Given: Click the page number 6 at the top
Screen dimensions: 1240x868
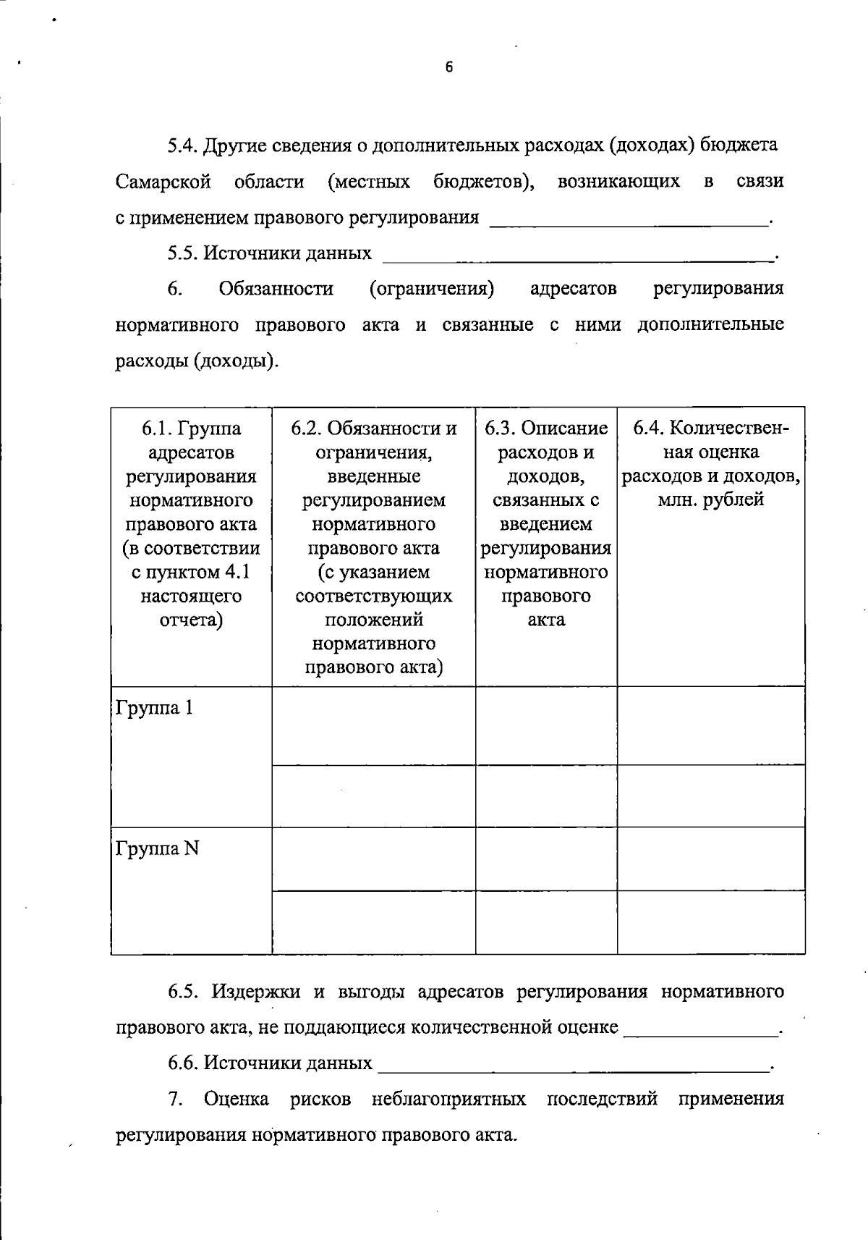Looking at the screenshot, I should [448, 68].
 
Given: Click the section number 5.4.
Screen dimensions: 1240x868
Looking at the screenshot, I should [182, 145].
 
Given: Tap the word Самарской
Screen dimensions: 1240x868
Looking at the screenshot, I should [163, 181].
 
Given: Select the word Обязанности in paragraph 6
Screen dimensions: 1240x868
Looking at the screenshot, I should [276, 289].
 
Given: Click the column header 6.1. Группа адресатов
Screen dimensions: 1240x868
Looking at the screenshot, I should [191, 440].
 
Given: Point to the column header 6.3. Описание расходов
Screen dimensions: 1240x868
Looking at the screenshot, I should [546, 440].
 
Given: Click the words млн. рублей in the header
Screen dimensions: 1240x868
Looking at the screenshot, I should [710, 499].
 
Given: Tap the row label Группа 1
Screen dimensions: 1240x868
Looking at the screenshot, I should [154, 707].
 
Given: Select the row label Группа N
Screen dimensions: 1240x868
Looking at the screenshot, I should [157, 848].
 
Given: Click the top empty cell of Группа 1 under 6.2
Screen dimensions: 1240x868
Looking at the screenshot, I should [373, 725].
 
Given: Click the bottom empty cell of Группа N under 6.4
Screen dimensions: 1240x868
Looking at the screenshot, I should [710, 922].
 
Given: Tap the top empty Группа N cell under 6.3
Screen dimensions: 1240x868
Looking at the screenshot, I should [546, 859].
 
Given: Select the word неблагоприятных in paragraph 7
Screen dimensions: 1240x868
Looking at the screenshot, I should [448, 1099].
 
